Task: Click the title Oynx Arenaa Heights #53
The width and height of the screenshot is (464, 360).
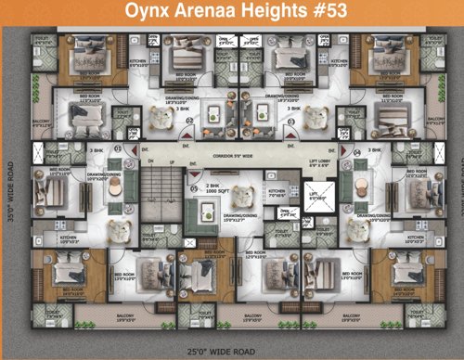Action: coord(232,14)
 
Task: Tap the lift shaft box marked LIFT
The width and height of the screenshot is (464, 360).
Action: coord(316,197)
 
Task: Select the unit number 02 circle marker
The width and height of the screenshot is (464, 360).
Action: coord(189,120)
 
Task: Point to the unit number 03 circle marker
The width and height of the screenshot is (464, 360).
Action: coord(291,120)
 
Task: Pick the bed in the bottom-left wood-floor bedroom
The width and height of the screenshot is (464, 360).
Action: coord(67,274)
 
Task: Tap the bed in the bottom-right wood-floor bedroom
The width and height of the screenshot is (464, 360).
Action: coord(406,274)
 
